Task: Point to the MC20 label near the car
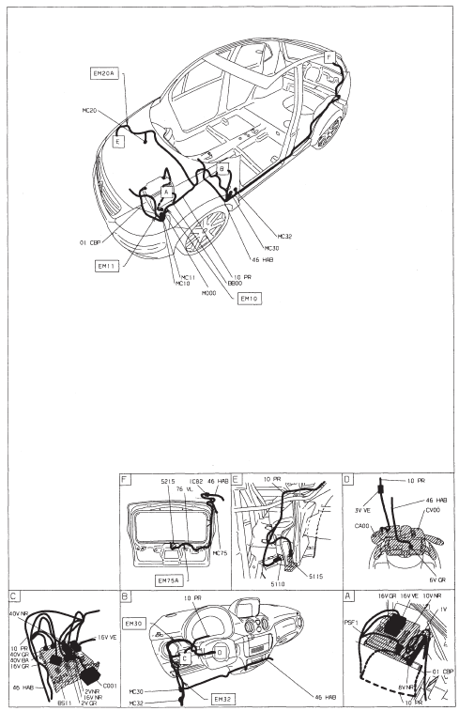pos(90,110)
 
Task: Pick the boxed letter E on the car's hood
pos(118,142)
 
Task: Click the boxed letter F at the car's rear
pos(328,57)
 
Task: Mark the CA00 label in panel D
pos(363,527)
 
